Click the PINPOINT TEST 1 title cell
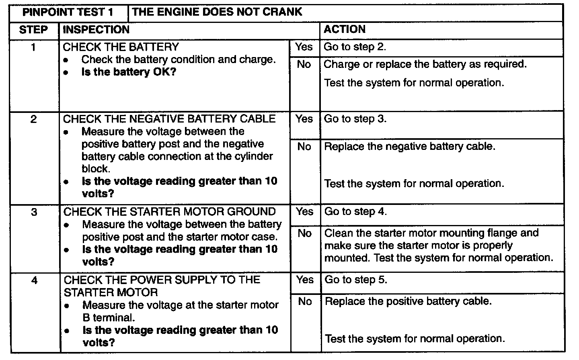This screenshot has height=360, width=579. click(68, 12)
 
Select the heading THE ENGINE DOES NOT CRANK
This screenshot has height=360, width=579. click(217, 12)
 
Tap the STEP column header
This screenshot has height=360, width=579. click(34, 30)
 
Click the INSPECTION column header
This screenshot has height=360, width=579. click(96, 30)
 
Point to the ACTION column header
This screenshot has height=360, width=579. click(345, 29)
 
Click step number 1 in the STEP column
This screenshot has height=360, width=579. click(33, 47)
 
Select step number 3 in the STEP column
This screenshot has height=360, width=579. click(34, 212)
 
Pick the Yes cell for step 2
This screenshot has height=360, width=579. click(304, 119)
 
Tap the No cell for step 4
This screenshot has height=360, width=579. click(305, 301)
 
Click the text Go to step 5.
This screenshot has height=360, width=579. click(356, 280)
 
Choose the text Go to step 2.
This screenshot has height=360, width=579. click(355, 47)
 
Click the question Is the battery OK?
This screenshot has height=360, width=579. click(129, 72)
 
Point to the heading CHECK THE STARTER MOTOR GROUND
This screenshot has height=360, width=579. click(170, 212)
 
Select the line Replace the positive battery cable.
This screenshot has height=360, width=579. click(408, 301)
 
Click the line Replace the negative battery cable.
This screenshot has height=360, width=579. click(410, 146)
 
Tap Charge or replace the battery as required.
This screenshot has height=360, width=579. click(425, 64)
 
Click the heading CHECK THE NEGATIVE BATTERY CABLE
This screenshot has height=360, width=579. click(169, 119)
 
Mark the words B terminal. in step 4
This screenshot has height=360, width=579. click(108, 318)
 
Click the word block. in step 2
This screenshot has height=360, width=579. click(96, 169)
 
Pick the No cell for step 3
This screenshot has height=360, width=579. click(305, 233)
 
